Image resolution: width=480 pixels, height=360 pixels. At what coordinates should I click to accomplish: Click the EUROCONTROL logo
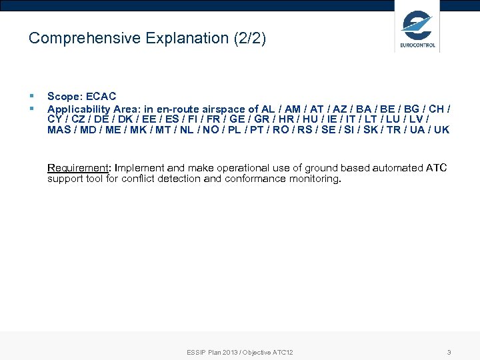click(x=417, y=29)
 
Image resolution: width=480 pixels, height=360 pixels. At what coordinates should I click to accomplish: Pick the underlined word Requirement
click(x=77, y=168)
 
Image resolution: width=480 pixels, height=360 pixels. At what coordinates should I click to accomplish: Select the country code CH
click(x=437, y=108)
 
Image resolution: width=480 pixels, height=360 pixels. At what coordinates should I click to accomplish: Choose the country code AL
click(x=268, y=108)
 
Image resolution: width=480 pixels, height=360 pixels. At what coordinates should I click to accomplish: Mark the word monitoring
click(x=315, y=179)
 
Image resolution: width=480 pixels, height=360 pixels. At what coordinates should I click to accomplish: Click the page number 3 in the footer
click(x=449, y=352)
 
